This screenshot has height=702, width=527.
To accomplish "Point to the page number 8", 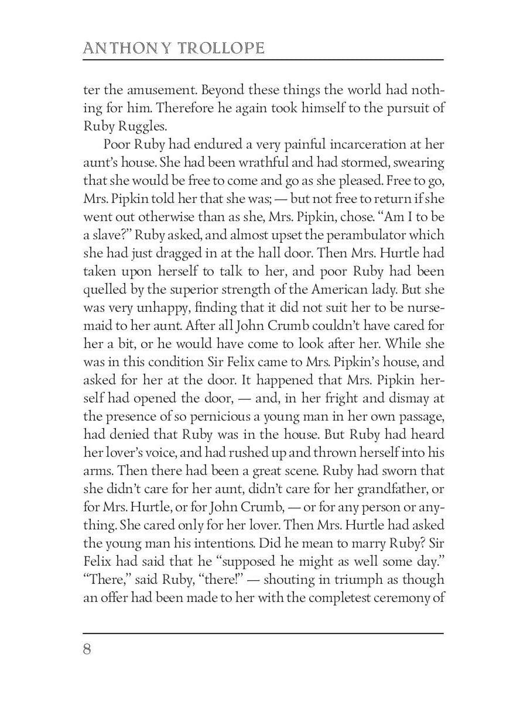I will (x=87, y=650).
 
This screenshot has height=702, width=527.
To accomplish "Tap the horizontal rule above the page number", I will (x=263, y=633).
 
